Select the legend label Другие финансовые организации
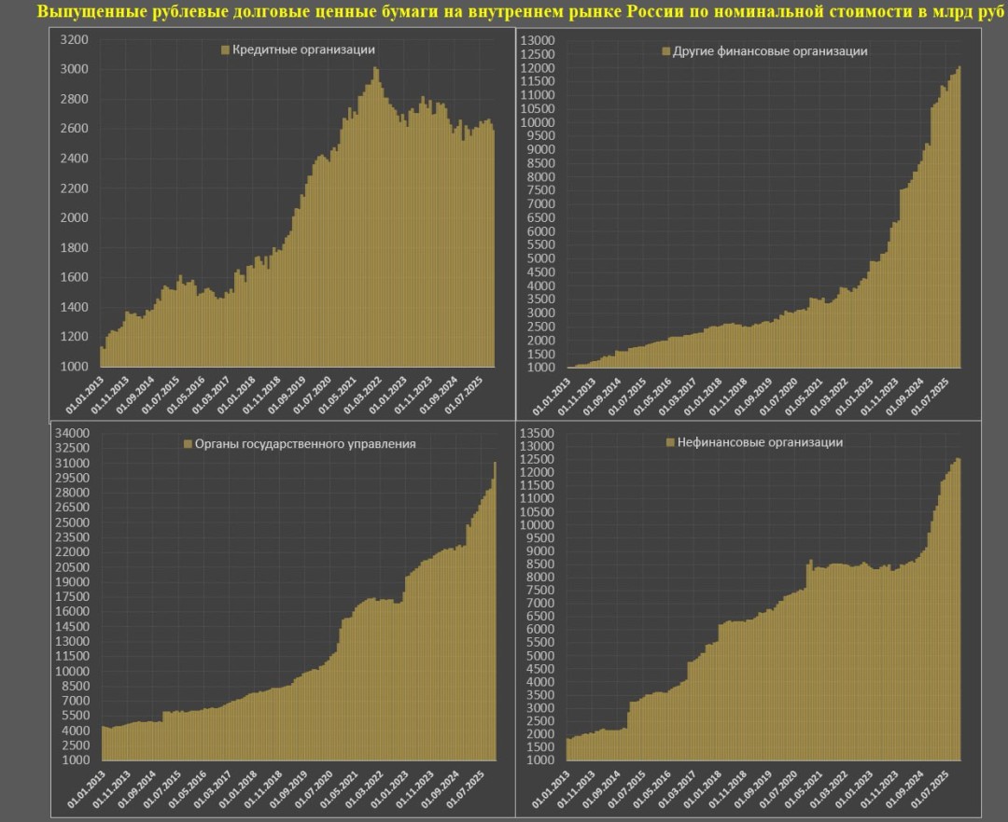[x=770, y=51]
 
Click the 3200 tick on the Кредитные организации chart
[x=74, y=40]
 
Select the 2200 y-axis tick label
[x=74, y=188]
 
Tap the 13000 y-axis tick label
[x=537, y=40]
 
